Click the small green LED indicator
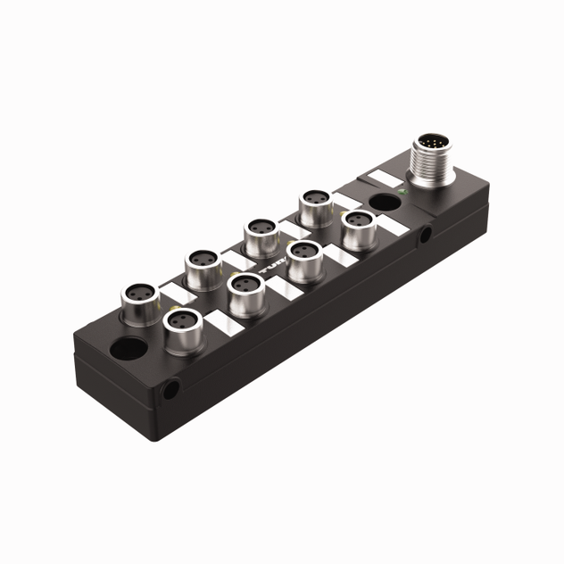(x=404, y=192)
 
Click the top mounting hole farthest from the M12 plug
(x=129, y=346)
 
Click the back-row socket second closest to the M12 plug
(x=260, y=234)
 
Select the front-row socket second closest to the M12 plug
(x=304, y=256)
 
